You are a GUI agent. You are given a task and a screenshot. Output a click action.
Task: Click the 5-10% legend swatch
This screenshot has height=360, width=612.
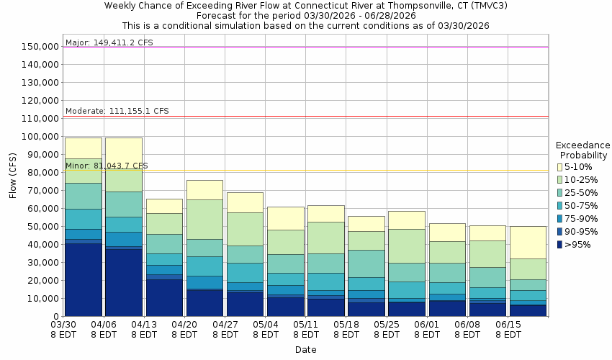[x=559, y=167]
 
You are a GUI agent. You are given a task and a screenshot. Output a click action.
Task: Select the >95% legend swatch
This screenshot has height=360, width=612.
[x=559, y=245]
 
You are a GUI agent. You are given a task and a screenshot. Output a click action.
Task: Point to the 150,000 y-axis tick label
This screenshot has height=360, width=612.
[x=40, y=47]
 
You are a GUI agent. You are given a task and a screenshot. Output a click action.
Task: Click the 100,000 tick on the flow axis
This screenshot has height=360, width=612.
[x=40, y=137]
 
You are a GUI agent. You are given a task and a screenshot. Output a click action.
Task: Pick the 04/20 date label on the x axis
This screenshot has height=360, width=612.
[x=185, y=329]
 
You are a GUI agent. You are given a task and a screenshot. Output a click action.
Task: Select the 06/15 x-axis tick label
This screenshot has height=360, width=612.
[x=508, y=329]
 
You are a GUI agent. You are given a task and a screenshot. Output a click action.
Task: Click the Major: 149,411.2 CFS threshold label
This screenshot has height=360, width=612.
[x=109, y=42]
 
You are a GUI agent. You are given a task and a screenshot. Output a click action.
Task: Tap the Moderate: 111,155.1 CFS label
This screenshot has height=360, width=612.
[x=117, y=111]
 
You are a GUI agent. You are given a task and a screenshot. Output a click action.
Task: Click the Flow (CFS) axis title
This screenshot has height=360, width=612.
[x=13, y=175]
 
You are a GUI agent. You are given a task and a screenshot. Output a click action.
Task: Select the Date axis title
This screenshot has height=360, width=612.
[x=305, y=350]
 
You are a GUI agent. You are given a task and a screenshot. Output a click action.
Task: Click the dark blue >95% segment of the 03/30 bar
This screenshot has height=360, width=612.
[x=83, y=280]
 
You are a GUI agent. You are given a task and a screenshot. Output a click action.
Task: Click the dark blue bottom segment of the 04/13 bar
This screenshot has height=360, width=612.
[x=164, y=297]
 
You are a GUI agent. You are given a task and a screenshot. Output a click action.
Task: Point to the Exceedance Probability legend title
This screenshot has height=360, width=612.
[x=582, y=150]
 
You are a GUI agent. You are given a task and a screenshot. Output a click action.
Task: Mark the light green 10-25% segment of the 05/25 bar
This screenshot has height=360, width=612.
[x=407, y=246]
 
